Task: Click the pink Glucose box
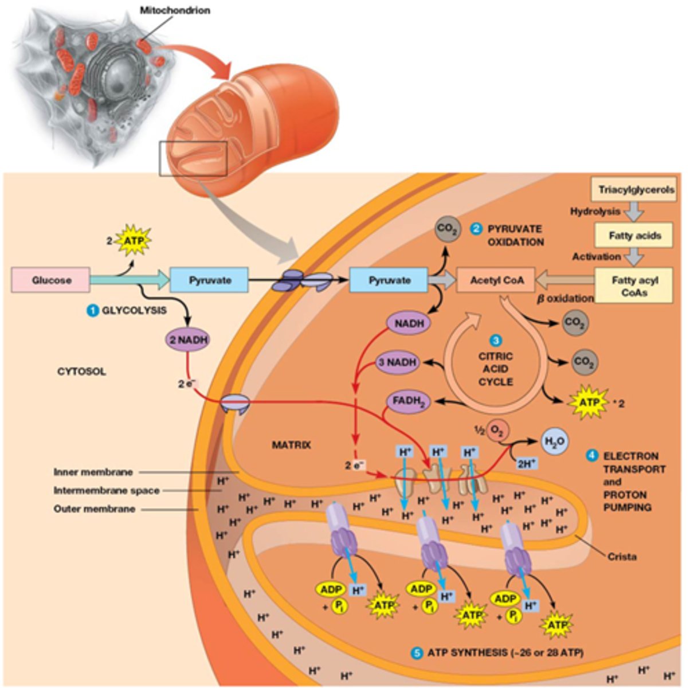click(x=51, y=280)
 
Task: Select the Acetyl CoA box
click(x=495, y=280)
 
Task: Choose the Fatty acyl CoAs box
click(x=634, y=286)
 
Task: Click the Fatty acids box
click(x=634, y=235)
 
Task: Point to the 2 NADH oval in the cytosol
click(x=187, y=339)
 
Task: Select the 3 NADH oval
click(x=397, y=362)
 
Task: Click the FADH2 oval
click(x=407, y=401)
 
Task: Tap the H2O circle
click(x=554, y=441)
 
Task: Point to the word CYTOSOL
click(x=81, y=372)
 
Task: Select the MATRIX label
click(x=291, y=444)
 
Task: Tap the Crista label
click(x=622, y=556)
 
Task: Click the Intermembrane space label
click(x=107, y=490)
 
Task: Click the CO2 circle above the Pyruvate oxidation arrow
click(x=448, y=229)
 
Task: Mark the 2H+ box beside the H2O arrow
click(x=525, y=463)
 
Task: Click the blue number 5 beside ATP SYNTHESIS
click(x=417, y=652)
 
